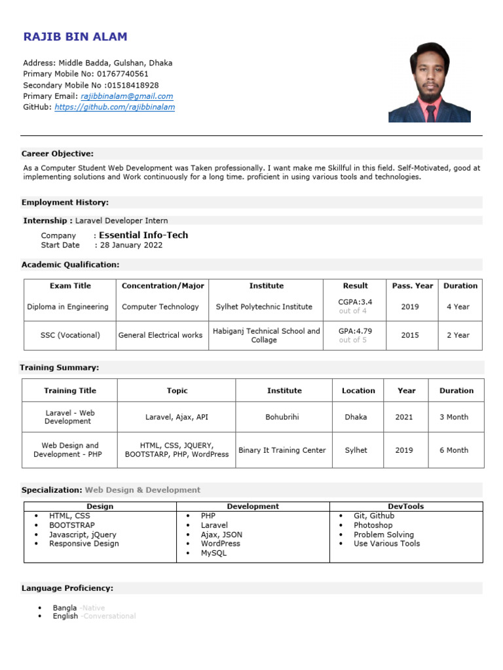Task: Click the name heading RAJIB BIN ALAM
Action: click(75, 37)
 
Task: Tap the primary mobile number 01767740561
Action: click(127, 74)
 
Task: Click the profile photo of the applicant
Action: click(429, 82)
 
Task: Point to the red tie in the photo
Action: click(430, 113)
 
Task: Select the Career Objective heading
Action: click(58, 154)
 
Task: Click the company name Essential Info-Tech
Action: click(143, 235)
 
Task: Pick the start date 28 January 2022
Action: click(131, 245)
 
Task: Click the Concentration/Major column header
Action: click(163, 286)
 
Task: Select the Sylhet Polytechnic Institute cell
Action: click(264, 307)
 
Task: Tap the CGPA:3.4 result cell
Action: click(355, 302)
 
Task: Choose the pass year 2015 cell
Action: click(410, 335)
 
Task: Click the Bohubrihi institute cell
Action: click(284, 417)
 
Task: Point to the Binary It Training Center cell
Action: click(282, 450)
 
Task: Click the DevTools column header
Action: click(406, 506)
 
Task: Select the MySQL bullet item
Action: click(214, 553)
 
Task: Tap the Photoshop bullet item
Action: click(373, 525)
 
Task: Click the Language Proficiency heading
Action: click(67, 588)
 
